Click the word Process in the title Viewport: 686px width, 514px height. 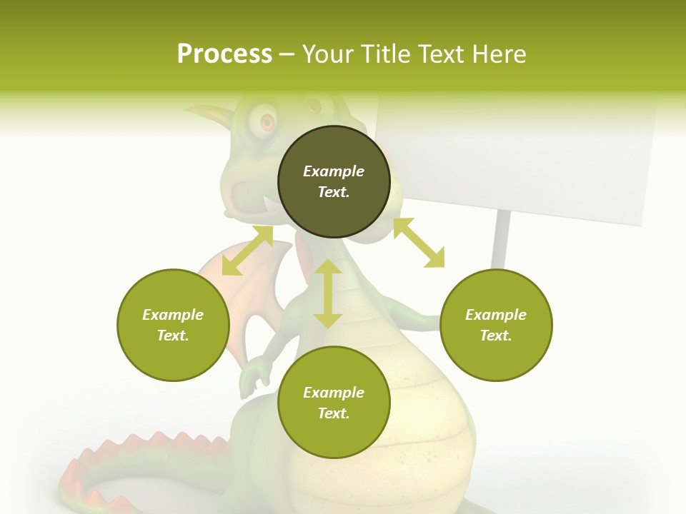click(224, 54)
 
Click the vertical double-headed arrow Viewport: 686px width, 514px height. click(328, 293)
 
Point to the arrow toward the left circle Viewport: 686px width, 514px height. click(247, 251)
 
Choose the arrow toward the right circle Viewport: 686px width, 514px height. click(419, 243)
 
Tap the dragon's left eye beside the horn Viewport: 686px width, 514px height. click(267, 123)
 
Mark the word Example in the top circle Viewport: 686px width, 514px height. click(334, 171)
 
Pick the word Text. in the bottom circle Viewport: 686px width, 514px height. click(334, 413)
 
